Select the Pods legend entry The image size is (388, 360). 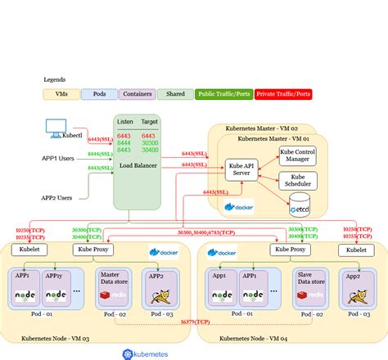99,94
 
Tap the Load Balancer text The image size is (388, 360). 138,164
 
